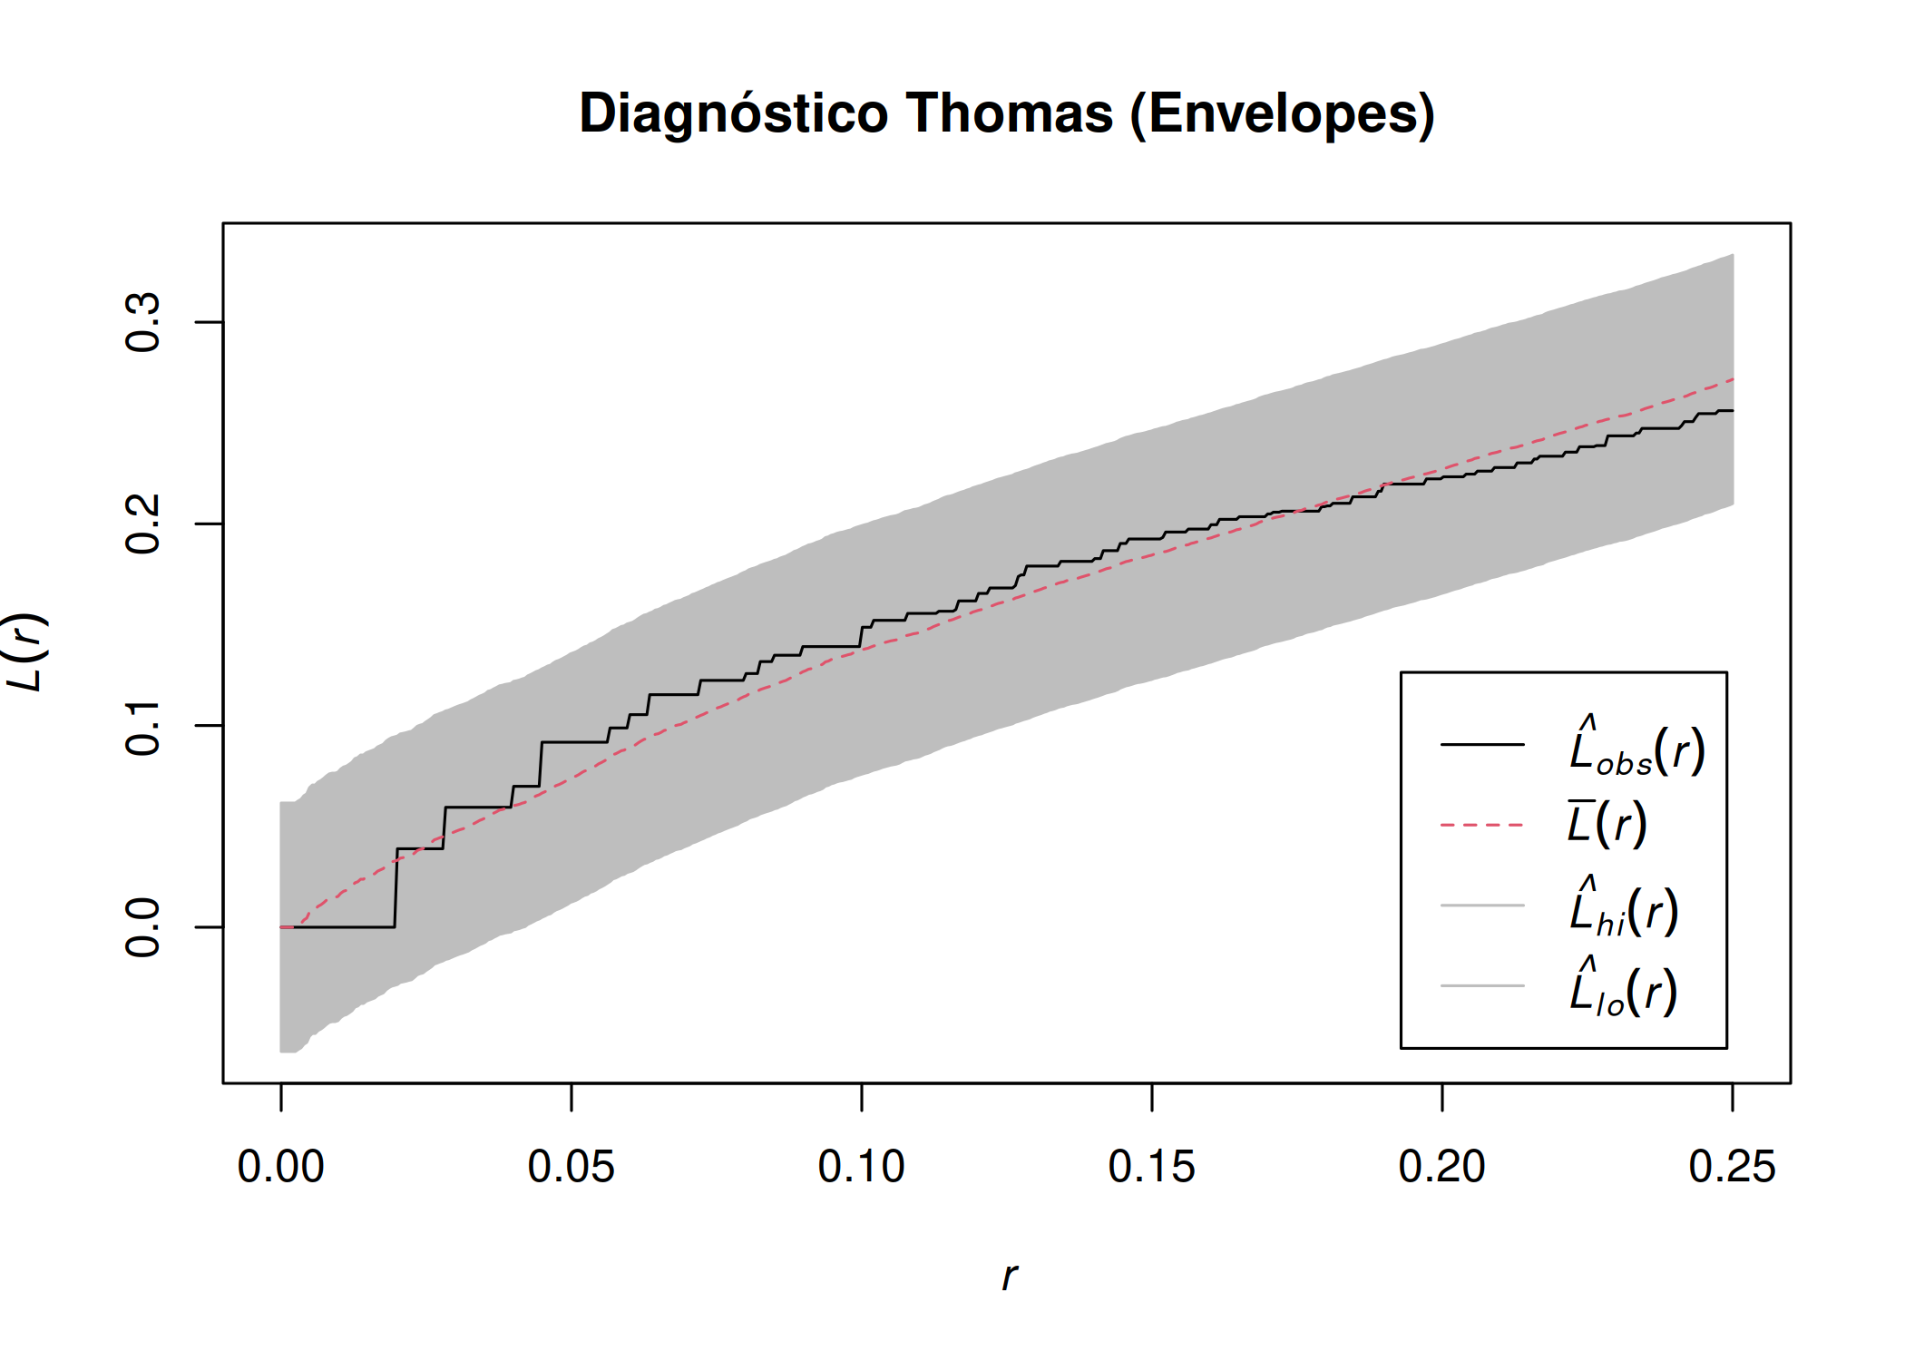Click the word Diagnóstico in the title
(733, 114)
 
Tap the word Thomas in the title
(1009, 114)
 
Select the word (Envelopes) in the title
(1282, 114)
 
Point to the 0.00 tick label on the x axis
(281, 1167)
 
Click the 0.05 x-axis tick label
(571, 1167)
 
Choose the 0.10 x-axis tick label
(862, 1167)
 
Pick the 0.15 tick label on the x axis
(1152, 1167)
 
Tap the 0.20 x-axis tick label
(1442, 1167)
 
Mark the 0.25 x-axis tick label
(1733, 1167)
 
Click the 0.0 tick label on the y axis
(143, 927)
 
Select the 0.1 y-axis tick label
(143, 726)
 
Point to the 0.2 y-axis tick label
(143, 524)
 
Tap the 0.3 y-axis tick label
(143, 322)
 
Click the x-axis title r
(1009, 1277)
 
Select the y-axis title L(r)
(25, 651)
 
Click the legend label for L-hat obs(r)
(1637, 749)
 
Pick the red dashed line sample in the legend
(1482, 825)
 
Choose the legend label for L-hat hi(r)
(1624, 909)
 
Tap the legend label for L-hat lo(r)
(1623, 989)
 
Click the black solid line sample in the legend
(1482, 745)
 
